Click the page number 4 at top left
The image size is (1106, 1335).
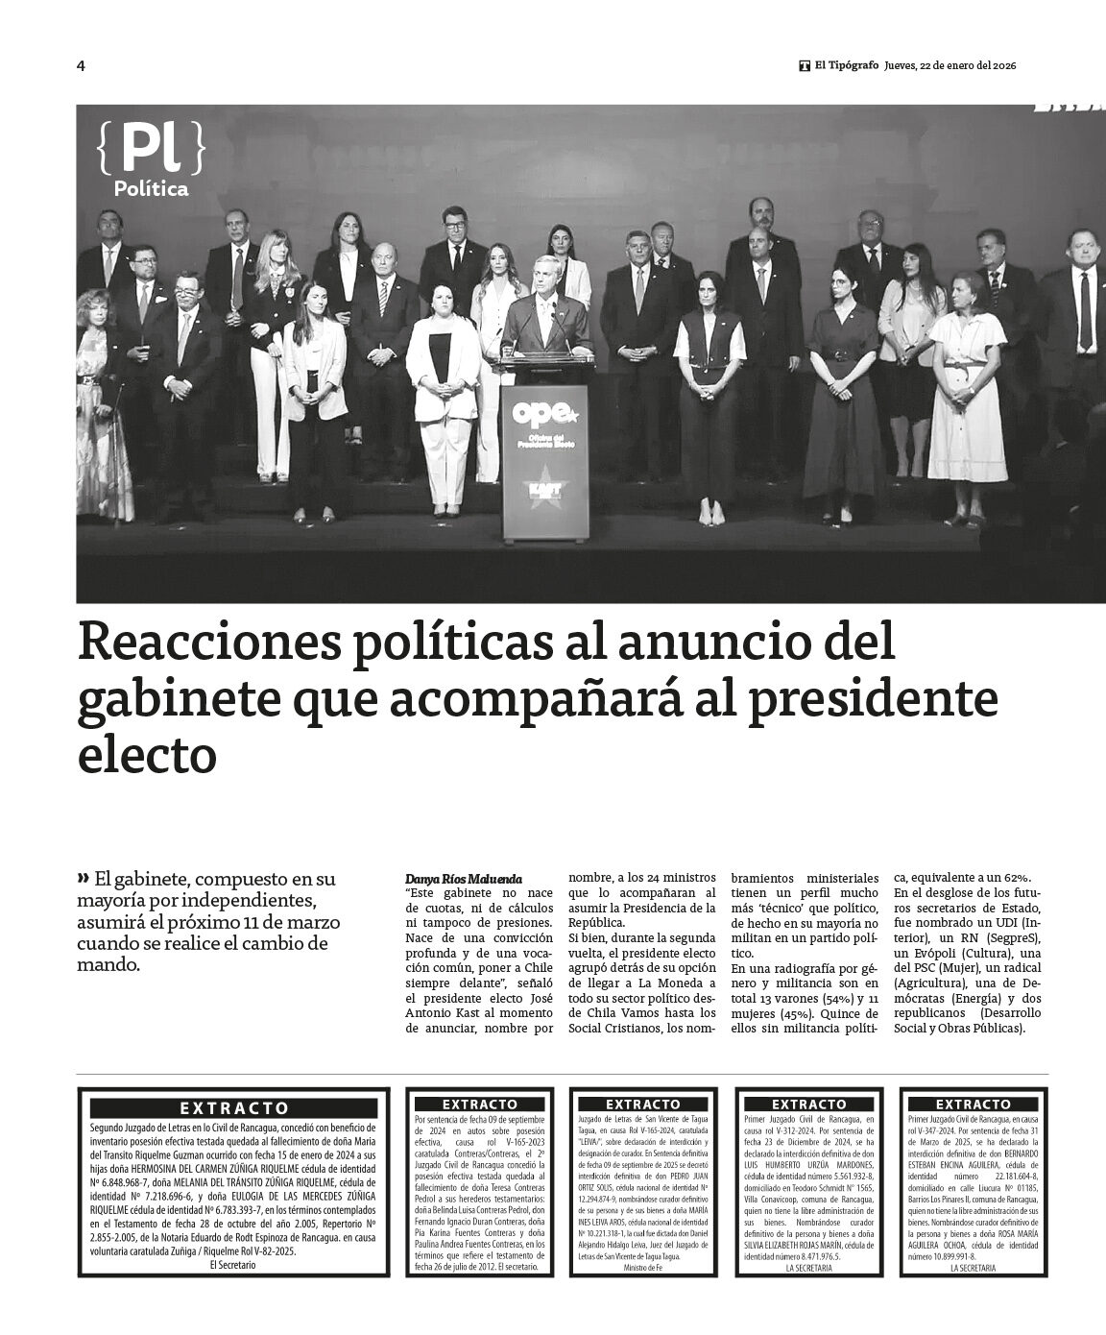click(81, 65)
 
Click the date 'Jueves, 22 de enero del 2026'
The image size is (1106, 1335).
click(951, 65)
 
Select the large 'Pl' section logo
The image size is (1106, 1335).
click(151, 148)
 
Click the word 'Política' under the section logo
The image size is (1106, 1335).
click(151, 189)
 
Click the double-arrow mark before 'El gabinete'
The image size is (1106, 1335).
click(84, 878)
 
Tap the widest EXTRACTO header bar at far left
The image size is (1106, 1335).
click(234, 1108)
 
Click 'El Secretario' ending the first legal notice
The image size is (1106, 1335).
click(233, 1265)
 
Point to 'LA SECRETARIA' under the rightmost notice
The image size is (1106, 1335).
click(973, 1268)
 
